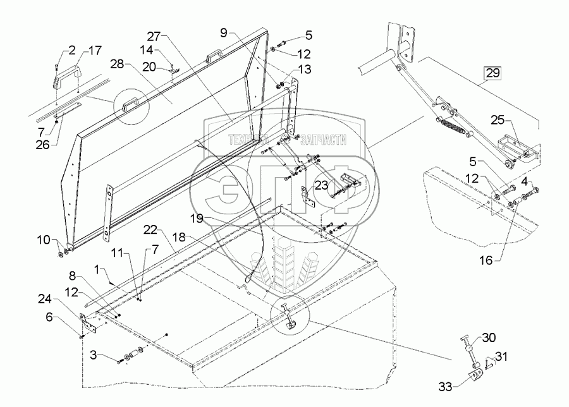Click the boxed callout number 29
pyautogui.click(x=493, y=73)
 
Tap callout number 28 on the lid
pyautogui.click(x=118, y=64)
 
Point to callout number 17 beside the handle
pyautogui.click(x=94, y=49)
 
